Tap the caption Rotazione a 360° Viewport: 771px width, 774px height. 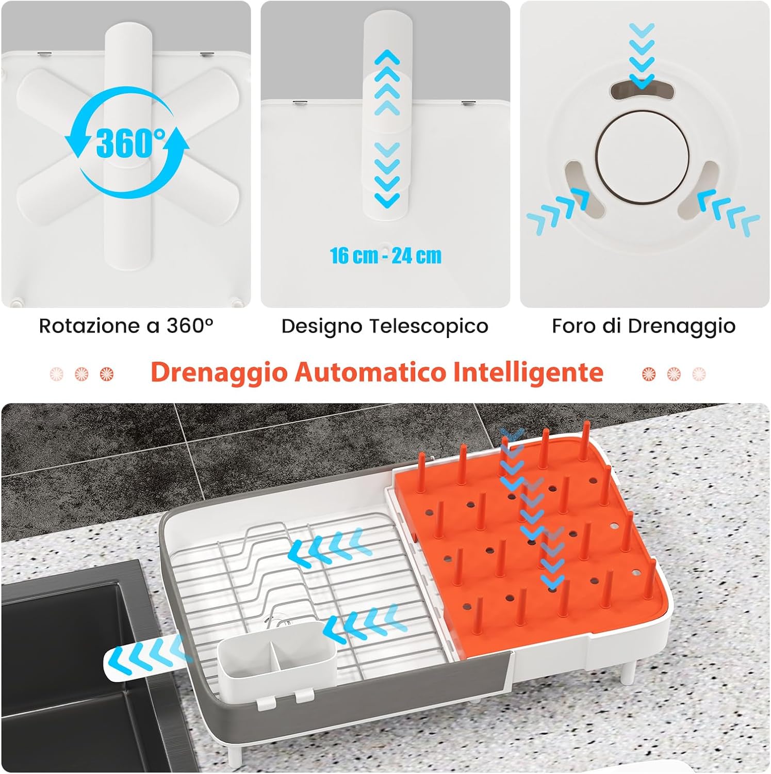pyautogui.click(x=126, y=326)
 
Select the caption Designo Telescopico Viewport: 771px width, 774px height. pyautogui.click(x=385, y=326)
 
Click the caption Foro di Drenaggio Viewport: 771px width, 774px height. pyautogui.click(x=644, y=326)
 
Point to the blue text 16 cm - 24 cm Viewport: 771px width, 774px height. pyautogui.click(x=386, y=255)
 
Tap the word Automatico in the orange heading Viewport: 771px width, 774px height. pyautogui.click(x=369, y=372)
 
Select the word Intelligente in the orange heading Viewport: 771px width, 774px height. pyautogui.click(x=528, y=372)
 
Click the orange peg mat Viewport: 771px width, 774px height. pyautogui.click(x=531, y=542)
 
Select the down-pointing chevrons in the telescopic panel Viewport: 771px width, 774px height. pyautogui.click(x=387, y=175)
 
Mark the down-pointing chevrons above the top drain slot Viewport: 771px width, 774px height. pyautogui.click(x=642, y=54)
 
